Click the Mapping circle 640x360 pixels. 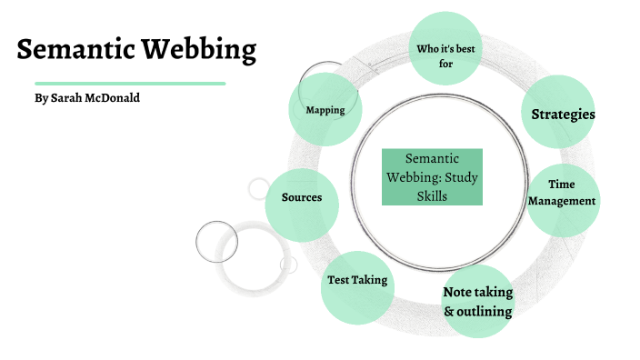click(x=325, y=110)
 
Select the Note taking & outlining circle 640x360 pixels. click(x=477, y=301)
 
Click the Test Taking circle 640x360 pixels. click(x=357, y=282)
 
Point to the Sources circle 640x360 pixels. click(x=302, y=198)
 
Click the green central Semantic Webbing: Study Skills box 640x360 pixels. click(x=432, y=176)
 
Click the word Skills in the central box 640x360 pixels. click(x=432, y=195)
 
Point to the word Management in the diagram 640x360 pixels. click(x=563, y=201)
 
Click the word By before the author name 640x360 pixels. click(x=40, y=97)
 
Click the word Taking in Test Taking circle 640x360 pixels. click(x=371, y=280)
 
